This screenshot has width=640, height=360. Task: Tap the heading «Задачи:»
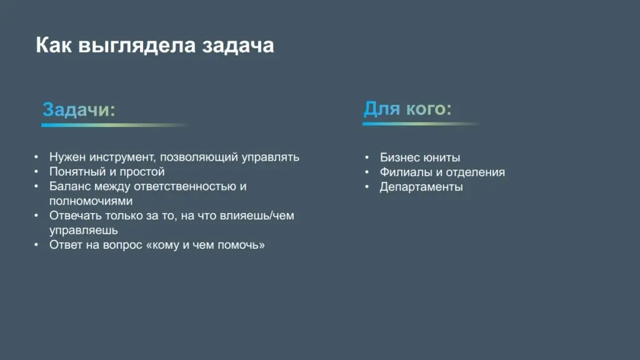(79, 110)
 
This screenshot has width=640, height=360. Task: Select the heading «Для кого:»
(407, 109)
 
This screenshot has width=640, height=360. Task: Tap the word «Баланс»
(69, 186)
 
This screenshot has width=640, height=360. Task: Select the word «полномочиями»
(91, 201)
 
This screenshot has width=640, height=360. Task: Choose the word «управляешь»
(84, 230)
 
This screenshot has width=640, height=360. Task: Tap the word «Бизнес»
(399, 157)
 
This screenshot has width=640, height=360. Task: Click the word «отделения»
(475, 172)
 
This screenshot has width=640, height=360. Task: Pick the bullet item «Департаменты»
(421, 187)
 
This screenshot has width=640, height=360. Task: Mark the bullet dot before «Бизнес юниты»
(367, 157)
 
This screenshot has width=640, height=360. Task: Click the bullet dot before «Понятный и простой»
(37, 171)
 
